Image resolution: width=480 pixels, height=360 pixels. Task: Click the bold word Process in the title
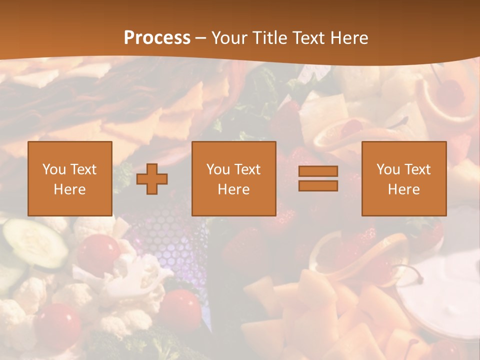tap(157, 38)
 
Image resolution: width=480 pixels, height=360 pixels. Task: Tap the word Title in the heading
tap(271, 38)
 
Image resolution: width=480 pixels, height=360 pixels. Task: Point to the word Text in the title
tap(311, 38)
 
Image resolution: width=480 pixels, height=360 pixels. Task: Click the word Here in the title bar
tap(350, 38)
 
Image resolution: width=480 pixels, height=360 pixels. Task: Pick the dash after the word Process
tap(200, 38)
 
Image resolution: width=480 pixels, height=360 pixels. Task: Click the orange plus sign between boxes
tap(152, 179)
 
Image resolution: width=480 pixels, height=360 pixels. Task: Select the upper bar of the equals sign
tap(318, 171)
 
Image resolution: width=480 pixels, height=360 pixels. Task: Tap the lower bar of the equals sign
tap(318, 185)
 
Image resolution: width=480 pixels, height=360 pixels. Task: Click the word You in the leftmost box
tap(54, 169)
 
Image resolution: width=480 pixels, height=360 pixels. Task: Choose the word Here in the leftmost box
tap(69, 189)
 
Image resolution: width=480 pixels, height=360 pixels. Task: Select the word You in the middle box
tap(218, 169)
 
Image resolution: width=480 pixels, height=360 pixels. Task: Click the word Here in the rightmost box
tap(403, 189)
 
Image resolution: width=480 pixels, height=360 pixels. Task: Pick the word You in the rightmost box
tap(388, 169)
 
